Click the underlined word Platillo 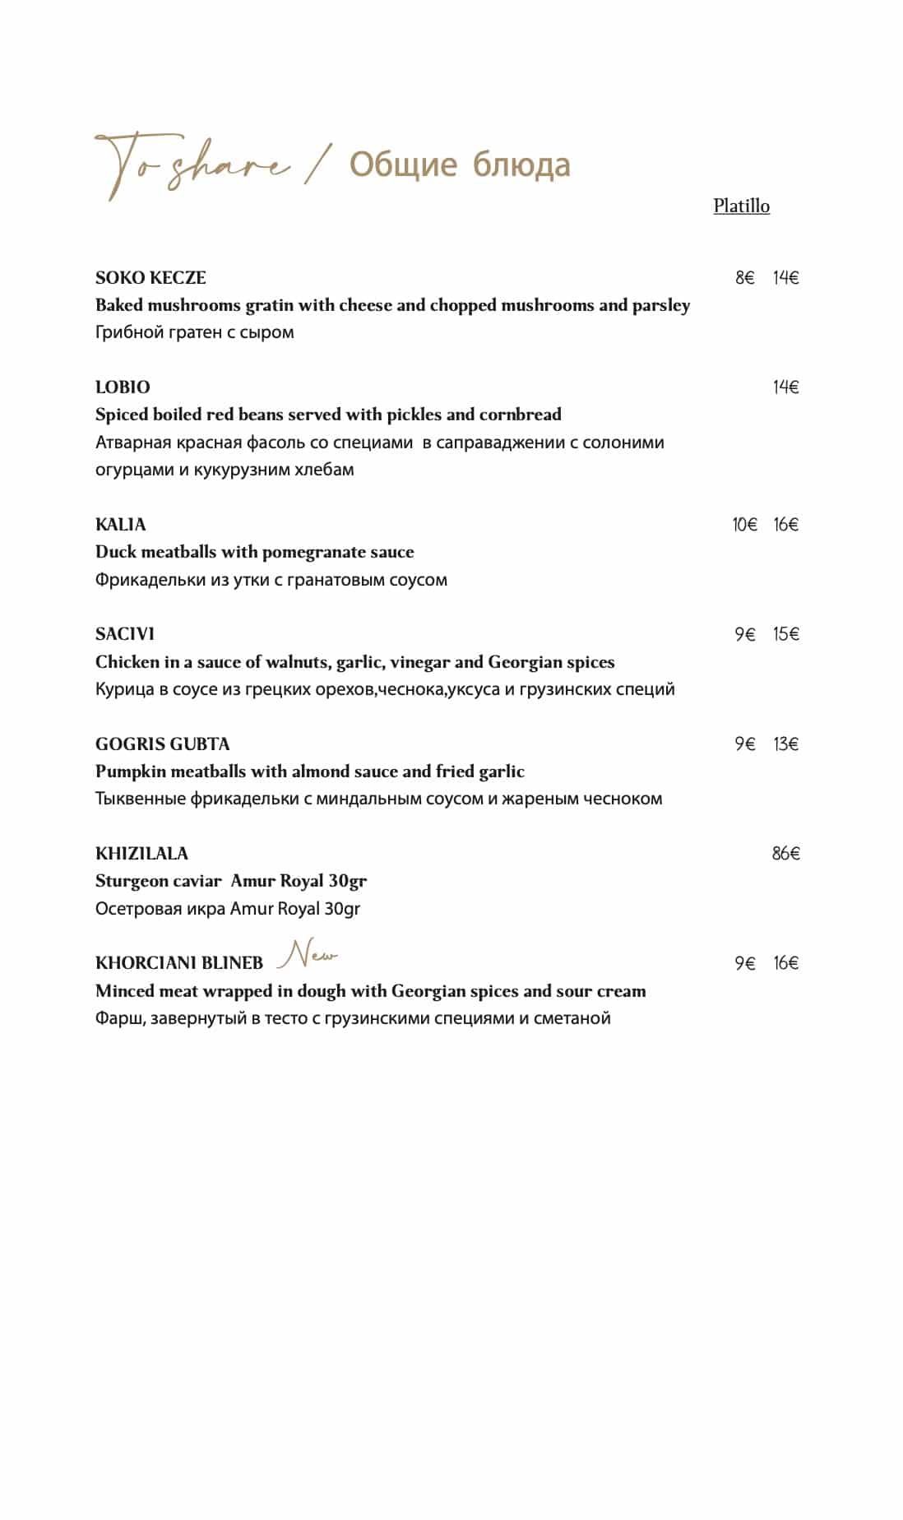pyautogui.click(x=741, y=206)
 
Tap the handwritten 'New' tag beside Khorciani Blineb pyautogui.click(x=308, y=955)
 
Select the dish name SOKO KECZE pyautogui.click(x=150, y=277)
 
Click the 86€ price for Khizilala pyautogui.click(x=785, y=853)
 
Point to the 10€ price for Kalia pyautogui.click(x=744, y=524)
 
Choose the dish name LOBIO pyautogui.click(x=123, y=387)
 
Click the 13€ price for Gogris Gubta pyautogui.click(x=785, y=744)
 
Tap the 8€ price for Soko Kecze pyautogui.click(x=744, y=277)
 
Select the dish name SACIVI pyautogui.click(x=125, y=633)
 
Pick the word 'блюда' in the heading pyautogui.click(x=521, y=165)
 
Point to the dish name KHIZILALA pyautogui.click(x=141, y=853)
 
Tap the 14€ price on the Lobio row pyautogui.click(x=785, y=387)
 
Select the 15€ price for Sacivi pyautogui.click(x=785, y=633)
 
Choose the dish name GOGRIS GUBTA pyautogui.click(x=162, y=744)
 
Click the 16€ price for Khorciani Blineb pyautogui.click(x=785, y=962)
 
